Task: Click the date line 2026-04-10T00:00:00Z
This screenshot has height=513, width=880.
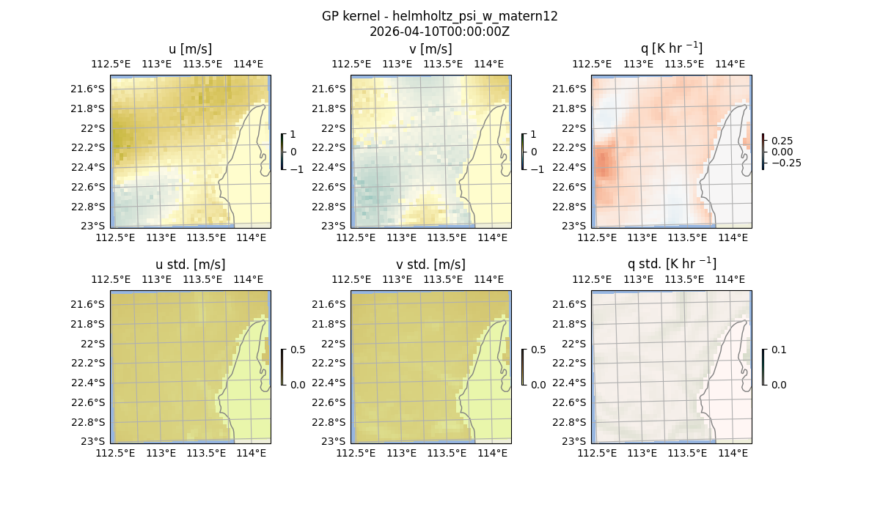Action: point(439,32)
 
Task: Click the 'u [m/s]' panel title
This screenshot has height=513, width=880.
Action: point(190,49)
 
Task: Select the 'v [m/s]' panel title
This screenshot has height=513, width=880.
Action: point(430,49)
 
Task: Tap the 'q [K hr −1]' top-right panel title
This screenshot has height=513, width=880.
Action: point(671,48)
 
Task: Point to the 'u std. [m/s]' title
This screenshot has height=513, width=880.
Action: point(190,265)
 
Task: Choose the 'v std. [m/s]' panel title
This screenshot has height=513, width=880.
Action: point(430,265)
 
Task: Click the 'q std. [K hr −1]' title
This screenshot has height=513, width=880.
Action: point(671,264)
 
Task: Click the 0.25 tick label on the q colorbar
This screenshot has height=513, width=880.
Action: point(782,141)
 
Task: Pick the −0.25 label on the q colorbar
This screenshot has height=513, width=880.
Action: point(785,163)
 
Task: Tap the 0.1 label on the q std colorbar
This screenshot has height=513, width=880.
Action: point(778,350)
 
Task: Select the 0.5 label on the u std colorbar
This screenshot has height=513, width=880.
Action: point(298,350)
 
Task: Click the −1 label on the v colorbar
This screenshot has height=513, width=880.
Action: point(538,169)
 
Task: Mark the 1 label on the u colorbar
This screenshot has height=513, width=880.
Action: point(293,135)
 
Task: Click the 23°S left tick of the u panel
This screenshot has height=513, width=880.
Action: point(92,226)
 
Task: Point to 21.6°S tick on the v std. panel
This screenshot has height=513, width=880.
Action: point(328,304)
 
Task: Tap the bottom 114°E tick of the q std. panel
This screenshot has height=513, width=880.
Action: point(732,453)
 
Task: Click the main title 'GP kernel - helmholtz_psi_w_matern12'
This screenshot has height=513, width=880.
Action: point(439,16)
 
